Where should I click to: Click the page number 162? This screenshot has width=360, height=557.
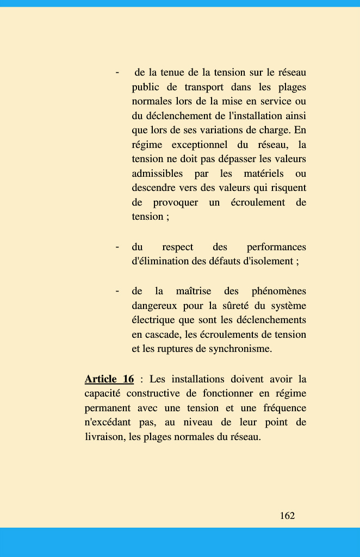click(x=287, y=516)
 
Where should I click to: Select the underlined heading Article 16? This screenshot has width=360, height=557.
click(x=109, y=379)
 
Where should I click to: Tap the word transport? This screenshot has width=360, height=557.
click(x=204, y=87)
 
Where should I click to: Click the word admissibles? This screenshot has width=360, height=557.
click(x=157, y=174)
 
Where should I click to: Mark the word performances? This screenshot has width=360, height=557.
click(x=276, y=247)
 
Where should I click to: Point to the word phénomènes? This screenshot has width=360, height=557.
click(x=279, y=292)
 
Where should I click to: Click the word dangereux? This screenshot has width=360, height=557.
click(x=154, y=306)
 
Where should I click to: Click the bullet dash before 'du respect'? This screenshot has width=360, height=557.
click(x=117, y=247)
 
